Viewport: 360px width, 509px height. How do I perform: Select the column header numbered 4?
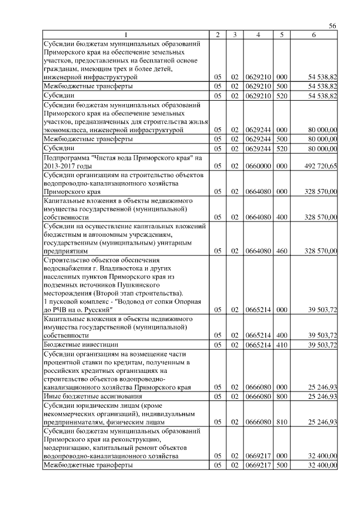(x=258, y=35)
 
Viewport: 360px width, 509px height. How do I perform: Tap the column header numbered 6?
(x=314, y=35)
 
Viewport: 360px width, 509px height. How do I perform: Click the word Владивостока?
(x=113, y=269)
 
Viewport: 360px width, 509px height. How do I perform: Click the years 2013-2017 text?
(x=61, y=166)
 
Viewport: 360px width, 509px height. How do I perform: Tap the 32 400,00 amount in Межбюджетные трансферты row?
(x=322, y=465)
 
